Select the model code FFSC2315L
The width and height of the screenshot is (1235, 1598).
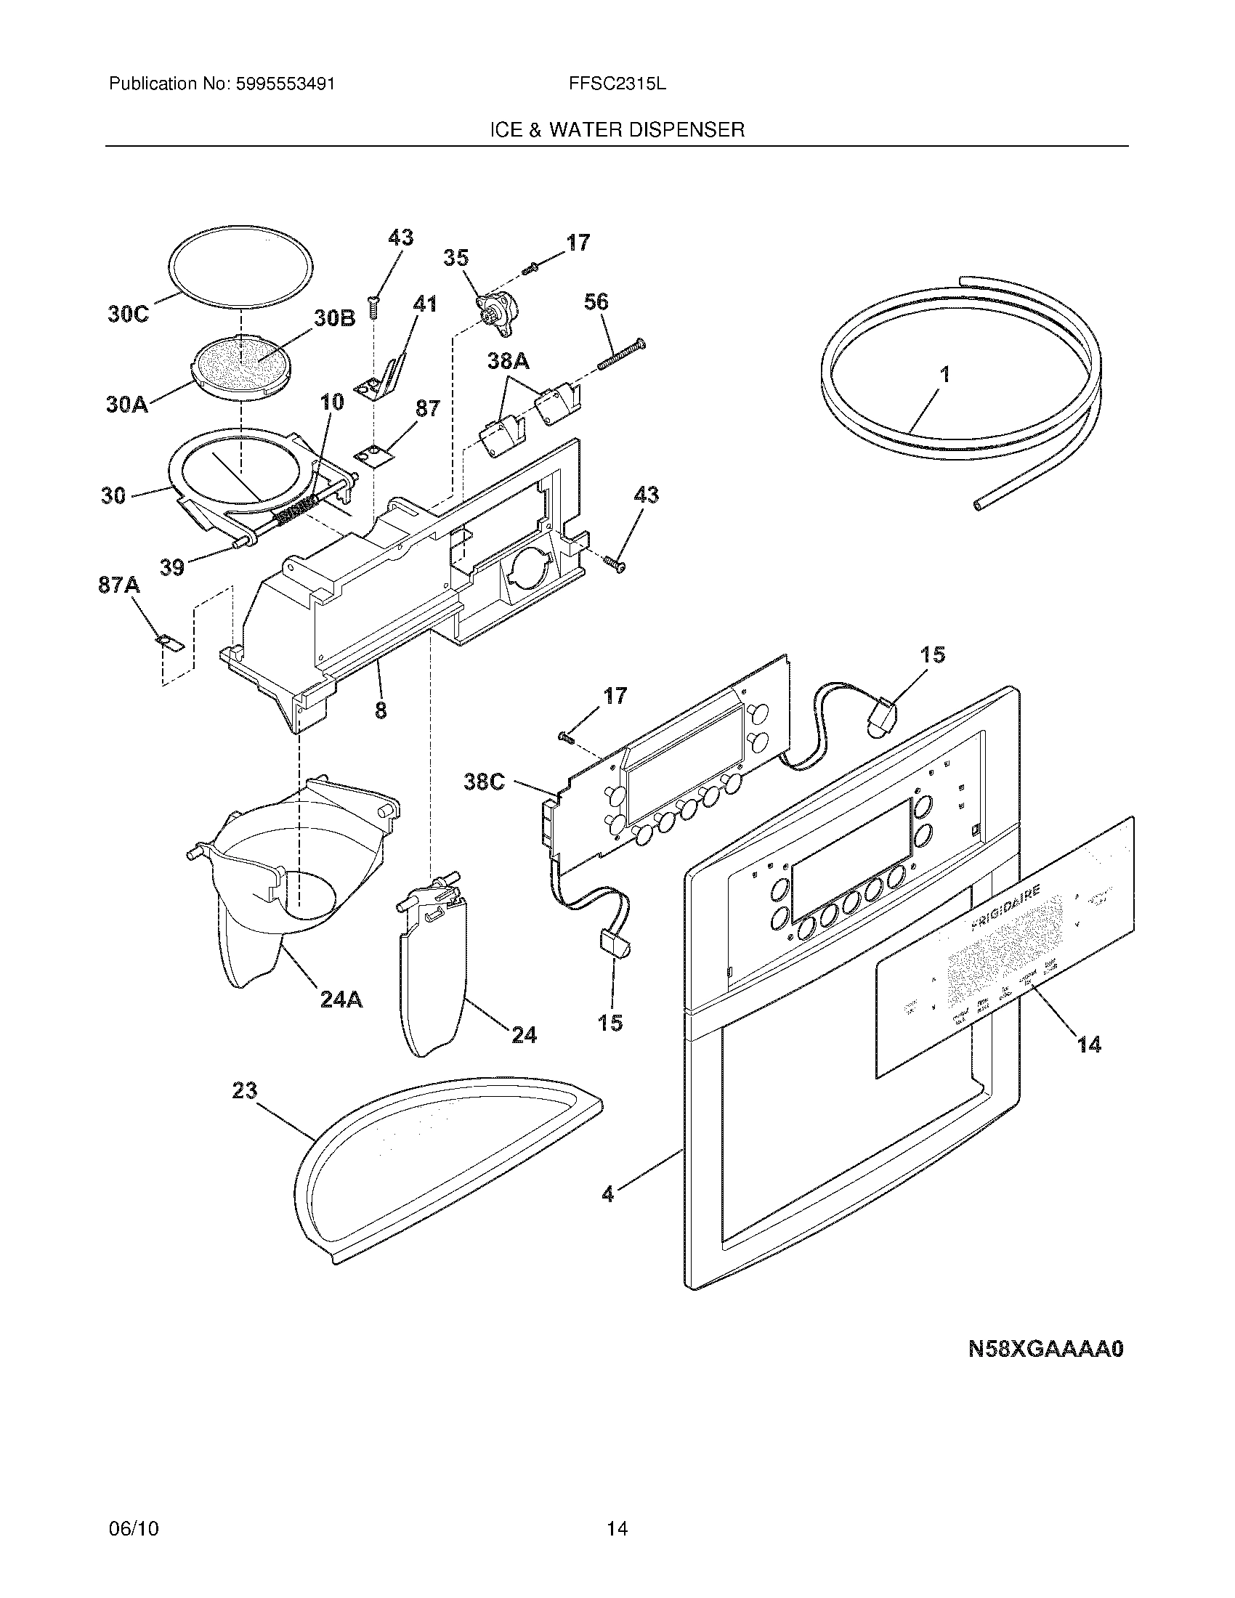tap(617, 84)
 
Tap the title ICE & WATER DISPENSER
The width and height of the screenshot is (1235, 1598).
tap(617, 130)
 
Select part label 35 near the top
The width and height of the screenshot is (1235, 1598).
tap(455, 258)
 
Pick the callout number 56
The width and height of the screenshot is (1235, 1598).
tap(596, 301)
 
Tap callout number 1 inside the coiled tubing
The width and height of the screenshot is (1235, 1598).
tap(944, 375)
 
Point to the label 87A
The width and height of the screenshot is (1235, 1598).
tap(119, 585)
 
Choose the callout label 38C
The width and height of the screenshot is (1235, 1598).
tap(485, 782)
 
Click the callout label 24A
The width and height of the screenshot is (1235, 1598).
tap(341, 999)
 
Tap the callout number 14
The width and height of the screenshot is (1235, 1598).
tap(1090, 1045)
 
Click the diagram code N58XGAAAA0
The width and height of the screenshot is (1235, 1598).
tap(1045, 1349)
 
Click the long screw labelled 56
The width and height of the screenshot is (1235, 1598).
tap(620, 352)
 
